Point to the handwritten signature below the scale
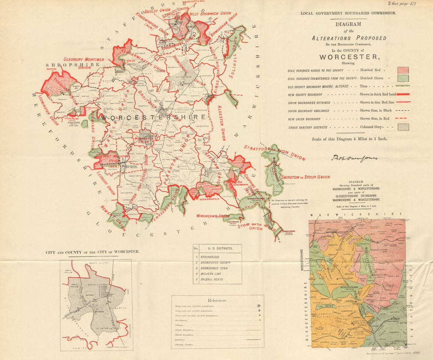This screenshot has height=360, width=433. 354,158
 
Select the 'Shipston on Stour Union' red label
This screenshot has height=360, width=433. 305,177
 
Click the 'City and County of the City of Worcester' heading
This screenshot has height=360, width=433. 93,251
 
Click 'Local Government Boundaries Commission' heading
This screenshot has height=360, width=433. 348,13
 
